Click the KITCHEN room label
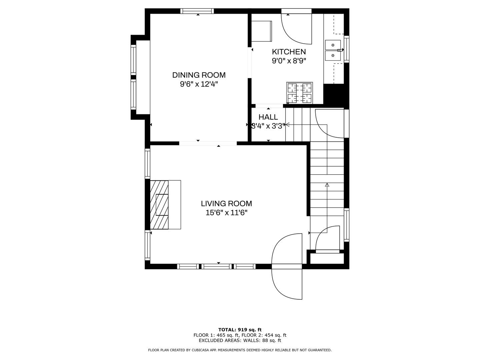[x=289, y=52]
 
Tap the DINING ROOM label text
[x=199, y=75]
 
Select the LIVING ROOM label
[x=226, y=203]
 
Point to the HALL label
[x=268, y=117]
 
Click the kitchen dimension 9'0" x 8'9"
[x=289, y=61]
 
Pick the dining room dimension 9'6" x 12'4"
[x=199, y=84]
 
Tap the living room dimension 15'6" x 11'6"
[x=226, y=212]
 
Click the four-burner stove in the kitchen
[x=299, y=93]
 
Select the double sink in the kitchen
[x=333, y=50]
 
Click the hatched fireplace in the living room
[x=159, y=205]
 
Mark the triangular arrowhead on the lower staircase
[x=327, y=185]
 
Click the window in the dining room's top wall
[x=197, y=11]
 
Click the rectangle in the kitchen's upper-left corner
[x=262, y=31]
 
